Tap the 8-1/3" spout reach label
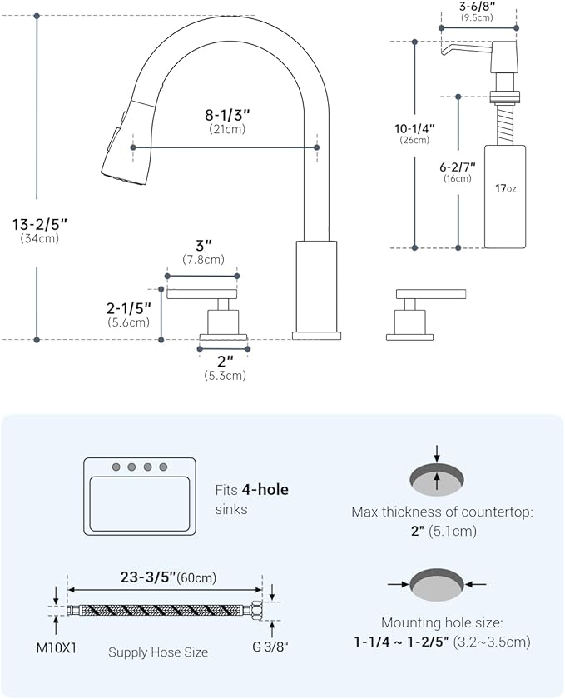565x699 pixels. point(226,114)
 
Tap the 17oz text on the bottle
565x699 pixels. point(505,189)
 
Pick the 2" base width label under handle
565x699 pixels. point(225,361)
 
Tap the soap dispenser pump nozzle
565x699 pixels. point(454,51)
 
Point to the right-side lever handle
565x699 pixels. point(430,293)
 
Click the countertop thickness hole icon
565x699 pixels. point(437,477)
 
